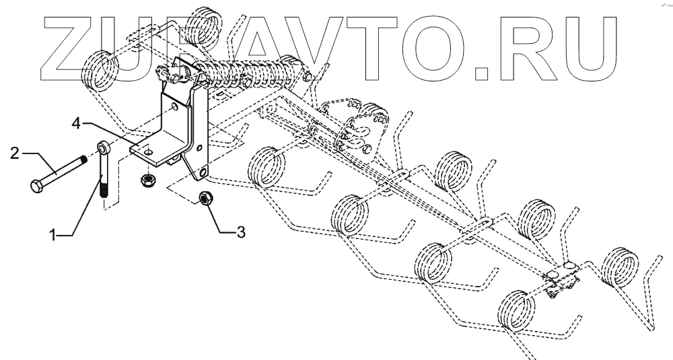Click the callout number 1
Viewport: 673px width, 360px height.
point(52,234)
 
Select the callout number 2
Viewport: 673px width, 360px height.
point(14,153)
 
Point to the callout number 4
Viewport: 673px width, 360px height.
point(77,123)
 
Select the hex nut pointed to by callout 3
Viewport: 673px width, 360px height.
point(206,198)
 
